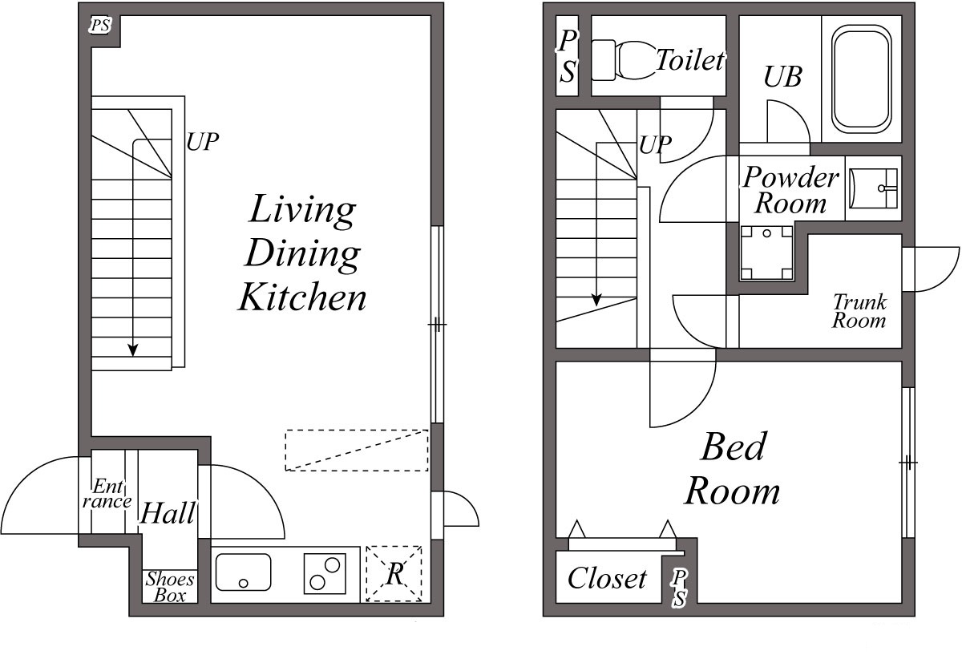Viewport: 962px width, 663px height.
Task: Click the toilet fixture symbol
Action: click(624, 60)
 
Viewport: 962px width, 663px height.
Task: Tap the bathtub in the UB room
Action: click(862, 79)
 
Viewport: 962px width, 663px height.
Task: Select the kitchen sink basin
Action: click(243, 572)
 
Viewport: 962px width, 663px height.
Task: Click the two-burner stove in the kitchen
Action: click(325, 574)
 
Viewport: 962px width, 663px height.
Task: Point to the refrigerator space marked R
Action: click(394, 574)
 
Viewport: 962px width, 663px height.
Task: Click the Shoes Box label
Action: click(170, 587)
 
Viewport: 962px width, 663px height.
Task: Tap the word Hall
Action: click(168, 513)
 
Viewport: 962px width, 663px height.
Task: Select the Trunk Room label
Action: click(859, 312)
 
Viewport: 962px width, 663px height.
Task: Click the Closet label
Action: click(607, 578)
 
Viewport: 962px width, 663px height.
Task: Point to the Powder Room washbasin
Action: click(874, 188)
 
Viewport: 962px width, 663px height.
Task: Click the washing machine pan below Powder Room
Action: click(766, 253)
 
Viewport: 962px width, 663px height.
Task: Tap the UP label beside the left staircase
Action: click(203, 141)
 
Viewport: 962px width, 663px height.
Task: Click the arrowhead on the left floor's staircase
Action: click(133, 350)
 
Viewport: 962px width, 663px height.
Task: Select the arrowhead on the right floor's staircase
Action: click(596, 299)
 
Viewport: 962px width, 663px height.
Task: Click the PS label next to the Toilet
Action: click(568, 56)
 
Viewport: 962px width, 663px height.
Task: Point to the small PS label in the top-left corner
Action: click(100, 26)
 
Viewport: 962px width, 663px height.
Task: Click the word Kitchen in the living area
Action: click(302, 297)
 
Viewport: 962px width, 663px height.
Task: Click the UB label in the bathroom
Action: click(782, 77)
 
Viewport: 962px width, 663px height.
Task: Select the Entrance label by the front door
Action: click(107, 493)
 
